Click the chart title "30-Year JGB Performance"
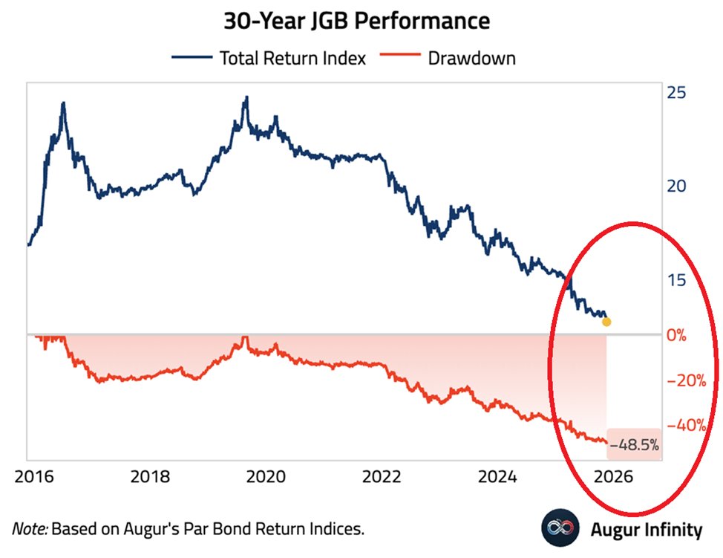click(357, 21)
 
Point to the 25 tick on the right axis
click(675, 93)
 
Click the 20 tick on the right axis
click(675, 186)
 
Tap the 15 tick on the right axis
click(675, 280)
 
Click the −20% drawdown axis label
click(687, 380)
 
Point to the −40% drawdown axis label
click(687, 426)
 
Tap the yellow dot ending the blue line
click(606, 322)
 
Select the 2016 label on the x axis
click(32, 476)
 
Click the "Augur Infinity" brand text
click(647, 530)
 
